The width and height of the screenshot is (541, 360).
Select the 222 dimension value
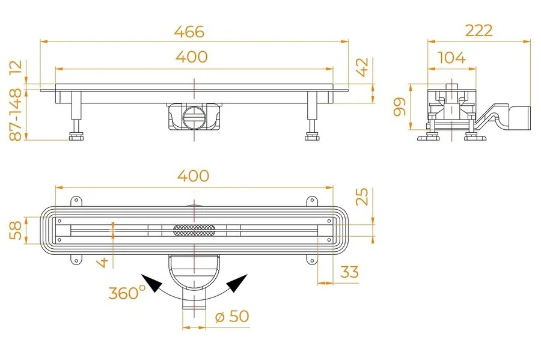coord(478,31)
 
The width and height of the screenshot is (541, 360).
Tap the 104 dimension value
coord(451,58)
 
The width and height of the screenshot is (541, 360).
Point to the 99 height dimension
coord(400,106)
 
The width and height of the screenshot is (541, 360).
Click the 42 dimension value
coord(362,67)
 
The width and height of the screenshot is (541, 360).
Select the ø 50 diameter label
coord(231,316)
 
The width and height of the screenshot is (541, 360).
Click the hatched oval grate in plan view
coord(194,229)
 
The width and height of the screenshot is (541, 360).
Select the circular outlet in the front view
coord(194,117)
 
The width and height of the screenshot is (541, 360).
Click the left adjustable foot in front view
coord(76,134)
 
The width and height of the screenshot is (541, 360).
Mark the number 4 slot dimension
coord(104,261)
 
